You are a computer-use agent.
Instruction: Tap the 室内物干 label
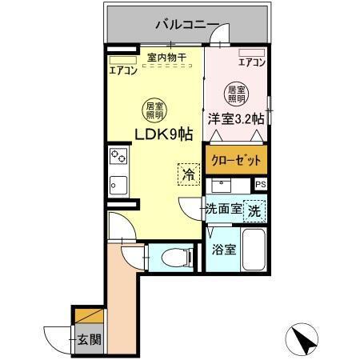tap(166, 58)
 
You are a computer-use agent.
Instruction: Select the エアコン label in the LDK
tap(123, 70)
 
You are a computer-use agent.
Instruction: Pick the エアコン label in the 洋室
tap(252, 62)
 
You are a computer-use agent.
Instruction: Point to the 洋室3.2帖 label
tap(236, 118)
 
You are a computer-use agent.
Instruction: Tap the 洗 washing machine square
tap(254, 212)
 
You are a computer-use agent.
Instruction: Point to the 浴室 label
tap(223, 250)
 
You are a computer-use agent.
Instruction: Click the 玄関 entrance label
tap(89, 338)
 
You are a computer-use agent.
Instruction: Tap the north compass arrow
tap(303, 338)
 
